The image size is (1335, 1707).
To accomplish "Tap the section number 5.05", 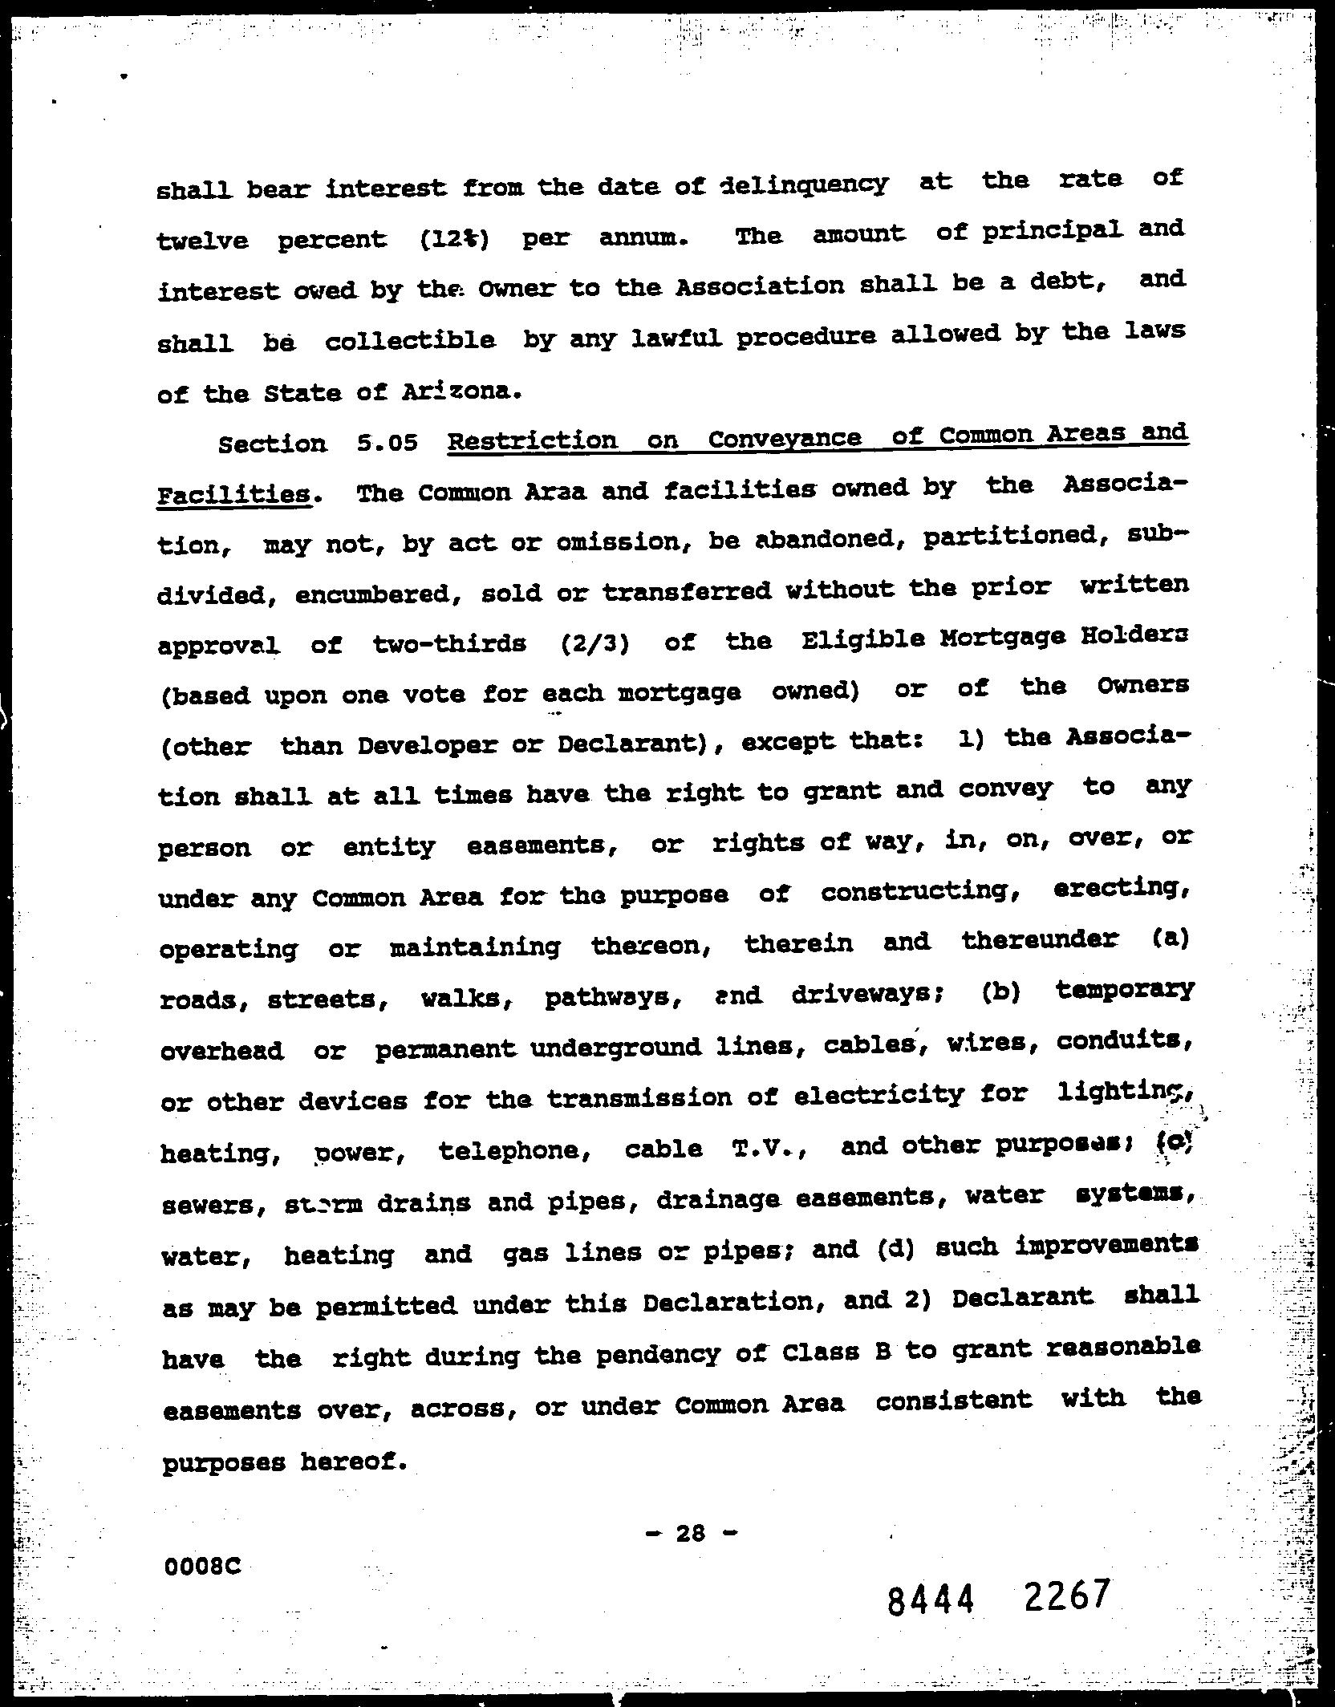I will click(x=388, y=443).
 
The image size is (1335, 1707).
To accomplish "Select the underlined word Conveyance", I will click(x=785, y=440).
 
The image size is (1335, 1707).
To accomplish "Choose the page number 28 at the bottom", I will click(x=690, y=1534).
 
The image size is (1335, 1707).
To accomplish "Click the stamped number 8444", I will click(x=930, y=1602).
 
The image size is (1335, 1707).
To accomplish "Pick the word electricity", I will click(x=879, y=1096).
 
